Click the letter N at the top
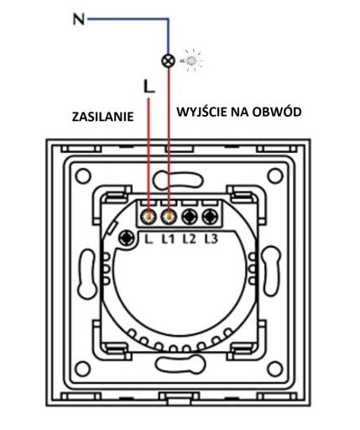(x=79, y=19)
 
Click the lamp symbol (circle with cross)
(x=169, y=60)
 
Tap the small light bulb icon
(x=191, y=60)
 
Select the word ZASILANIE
(x=102, y=117)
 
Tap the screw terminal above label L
(x=149, y=216)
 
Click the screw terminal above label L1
(x=169, y=216)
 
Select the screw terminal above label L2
(x=190, y=216)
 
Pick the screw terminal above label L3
(x=210, y=216)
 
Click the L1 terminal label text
(x=168, y=239)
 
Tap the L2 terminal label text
(x=189, y=239)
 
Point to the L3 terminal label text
(x=211, y=239)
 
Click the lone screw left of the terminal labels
(x=127, y=238)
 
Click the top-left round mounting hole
(x=83, y=176)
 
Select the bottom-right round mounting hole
(x=275, y=369)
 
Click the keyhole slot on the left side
(x=87, y=273)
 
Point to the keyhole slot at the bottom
(x=180, y=364)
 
